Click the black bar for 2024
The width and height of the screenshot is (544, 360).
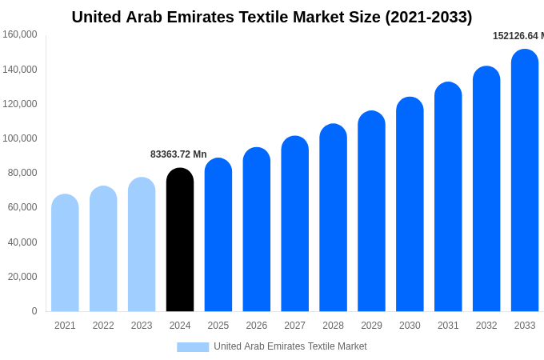[x=180, y=240]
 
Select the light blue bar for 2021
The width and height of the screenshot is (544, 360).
[x=65, y=253]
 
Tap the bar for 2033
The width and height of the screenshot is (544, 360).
[x=525, y=181]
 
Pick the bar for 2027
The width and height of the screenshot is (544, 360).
[x=295, y=224]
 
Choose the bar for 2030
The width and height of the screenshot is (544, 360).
[x=410, y=205]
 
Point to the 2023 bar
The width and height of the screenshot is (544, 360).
[x=142, y=245]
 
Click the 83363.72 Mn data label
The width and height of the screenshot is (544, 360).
[x=178, y=154]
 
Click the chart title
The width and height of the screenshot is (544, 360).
[x=272, y=17]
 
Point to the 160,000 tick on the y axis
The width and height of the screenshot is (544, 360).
[x=20, y=34]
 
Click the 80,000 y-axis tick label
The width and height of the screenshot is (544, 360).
[x=22, y=173]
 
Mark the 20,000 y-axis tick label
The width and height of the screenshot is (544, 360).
[x=22, y=277]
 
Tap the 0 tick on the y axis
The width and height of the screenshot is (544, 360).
[x=34, y=311]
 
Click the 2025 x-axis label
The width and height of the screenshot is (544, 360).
[x=218, y=326]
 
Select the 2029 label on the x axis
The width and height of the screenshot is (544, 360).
[x=371, y=326]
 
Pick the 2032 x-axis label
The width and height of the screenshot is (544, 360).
[x=486, y=326]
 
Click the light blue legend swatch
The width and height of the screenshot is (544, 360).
[x=193, y=346]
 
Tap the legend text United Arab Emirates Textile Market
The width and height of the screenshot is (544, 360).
[x=290, y=346]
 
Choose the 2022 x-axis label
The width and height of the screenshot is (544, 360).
[x=103, y=326]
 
